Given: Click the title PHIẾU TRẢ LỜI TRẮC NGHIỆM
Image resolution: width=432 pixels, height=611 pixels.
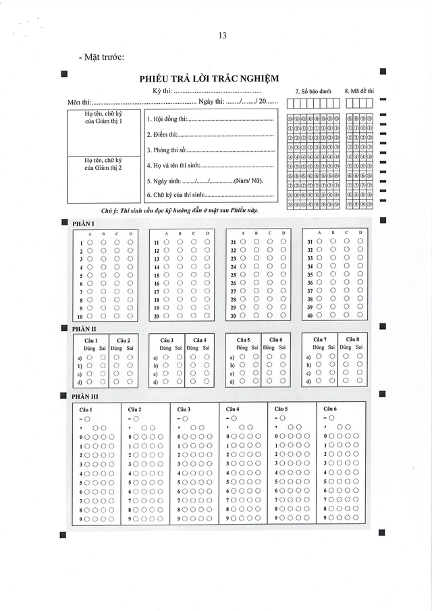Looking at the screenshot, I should pyautogui.click(x=209, y=78).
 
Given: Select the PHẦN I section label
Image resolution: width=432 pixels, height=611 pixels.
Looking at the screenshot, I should pyautogui.click(x=83, y=223).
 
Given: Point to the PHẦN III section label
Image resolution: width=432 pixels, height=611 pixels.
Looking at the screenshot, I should pyautogui.click(x=85, y=397).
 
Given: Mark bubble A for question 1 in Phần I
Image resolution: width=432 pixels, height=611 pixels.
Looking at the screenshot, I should pyautogui.click(x=89, y=243).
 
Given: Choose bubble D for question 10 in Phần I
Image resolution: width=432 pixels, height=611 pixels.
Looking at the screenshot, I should pyautogui.click(x=131, y=316).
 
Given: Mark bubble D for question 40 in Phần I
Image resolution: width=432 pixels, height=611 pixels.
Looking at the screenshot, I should pyautogui.click(x=360, y=316).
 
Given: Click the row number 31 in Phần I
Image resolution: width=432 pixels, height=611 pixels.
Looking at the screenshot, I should pyautogui.click(x=310, y=243).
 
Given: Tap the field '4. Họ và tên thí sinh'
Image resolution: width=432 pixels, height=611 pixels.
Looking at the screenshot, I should pyautogui.click(x=209, y=165).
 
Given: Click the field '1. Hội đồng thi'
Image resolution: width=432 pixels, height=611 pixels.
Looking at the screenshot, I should pyautogui.click(x=209, y=119).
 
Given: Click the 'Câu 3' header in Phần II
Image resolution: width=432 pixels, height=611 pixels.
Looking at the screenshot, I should pyautogui.click(x=167, y=340).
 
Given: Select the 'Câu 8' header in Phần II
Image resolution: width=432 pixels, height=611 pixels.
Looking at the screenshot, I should pyautogui.click(x=352, y=339).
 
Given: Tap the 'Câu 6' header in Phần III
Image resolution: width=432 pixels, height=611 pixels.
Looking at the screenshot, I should pyautogui.click(x=330, y=409).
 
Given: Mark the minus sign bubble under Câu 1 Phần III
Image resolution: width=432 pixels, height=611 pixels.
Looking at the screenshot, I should pyautogui.click(x=87, y=419).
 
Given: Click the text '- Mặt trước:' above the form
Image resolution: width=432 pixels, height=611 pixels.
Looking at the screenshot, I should pyautogui.click(x=101, y=57).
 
